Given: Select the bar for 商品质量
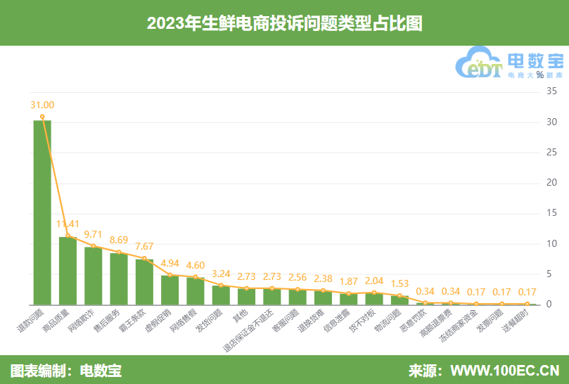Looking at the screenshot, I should [x=68, y=271].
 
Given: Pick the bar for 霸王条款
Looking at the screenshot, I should [x=144, y=281].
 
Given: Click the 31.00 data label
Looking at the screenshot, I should [x=42, y=105].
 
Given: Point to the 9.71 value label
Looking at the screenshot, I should [x=94, y=233].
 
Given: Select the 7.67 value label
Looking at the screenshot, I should [x=144, y=246].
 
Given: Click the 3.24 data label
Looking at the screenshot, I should [x=221, y=273].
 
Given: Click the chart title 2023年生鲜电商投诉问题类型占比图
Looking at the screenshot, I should [x=284, y=23].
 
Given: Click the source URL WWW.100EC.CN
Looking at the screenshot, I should [x=504, y=370].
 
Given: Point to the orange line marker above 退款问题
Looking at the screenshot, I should [x=42, y=117].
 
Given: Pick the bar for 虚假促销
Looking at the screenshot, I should [x=170, y=290].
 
